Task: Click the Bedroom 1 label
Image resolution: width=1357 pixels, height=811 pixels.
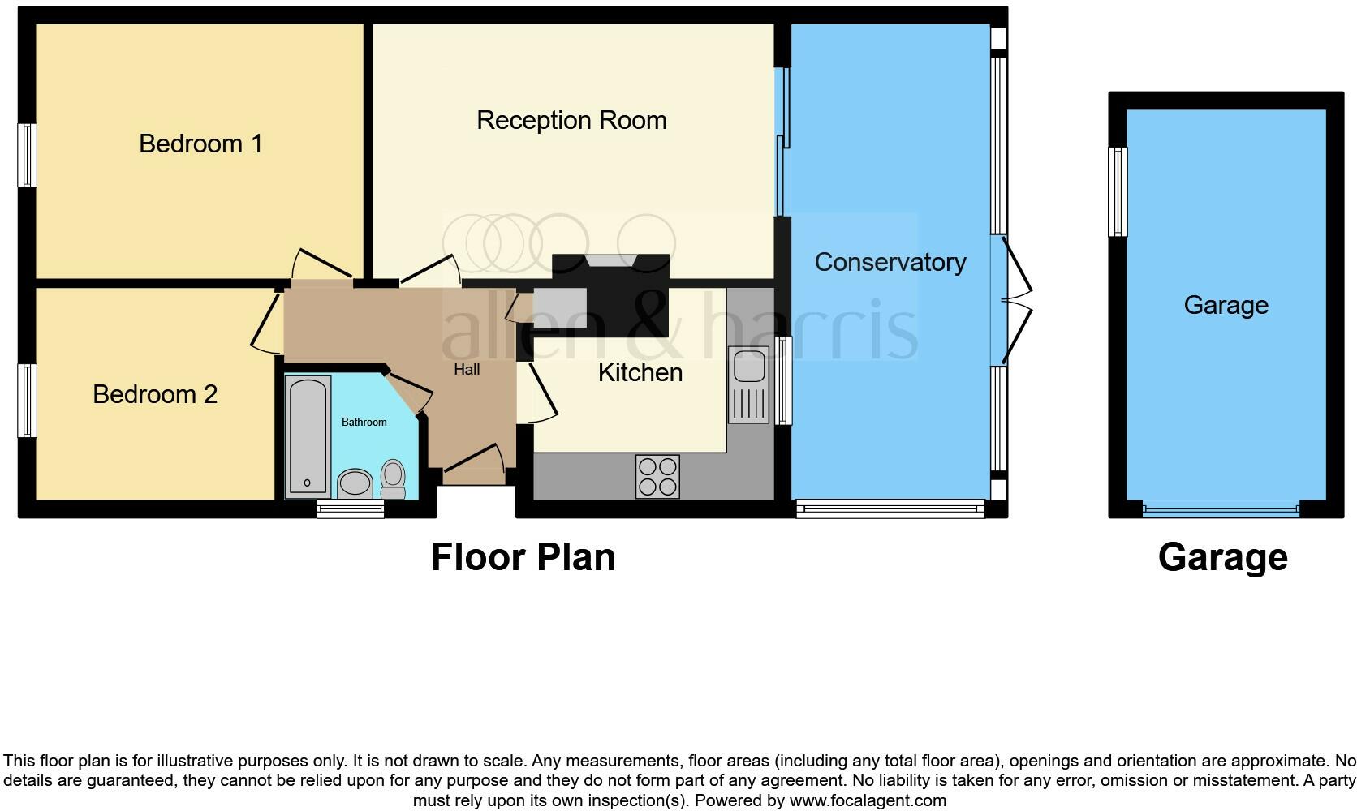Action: [200, 144]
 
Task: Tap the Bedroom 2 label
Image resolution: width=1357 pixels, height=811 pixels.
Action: [155, 394]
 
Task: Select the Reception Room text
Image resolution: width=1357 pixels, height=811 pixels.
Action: [571, 120]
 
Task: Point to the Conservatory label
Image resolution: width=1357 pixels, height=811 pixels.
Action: [890, 262]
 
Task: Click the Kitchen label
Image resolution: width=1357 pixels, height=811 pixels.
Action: [640, 372]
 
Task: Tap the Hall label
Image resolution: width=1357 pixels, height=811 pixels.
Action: [467, 370]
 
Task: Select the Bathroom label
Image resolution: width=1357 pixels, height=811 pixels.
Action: [364, 422]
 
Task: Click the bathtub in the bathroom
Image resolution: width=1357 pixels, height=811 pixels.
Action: [308, 436]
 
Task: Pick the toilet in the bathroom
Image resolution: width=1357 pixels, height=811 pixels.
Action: [393, 478]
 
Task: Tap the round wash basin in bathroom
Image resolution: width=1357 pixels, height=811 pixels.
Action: [354, 483]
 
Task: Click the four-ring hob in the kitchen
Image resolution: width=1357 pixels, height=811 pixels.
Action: [657, 476]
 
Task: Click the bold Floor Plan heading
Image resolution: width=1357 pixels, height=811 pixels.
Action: [523, 557]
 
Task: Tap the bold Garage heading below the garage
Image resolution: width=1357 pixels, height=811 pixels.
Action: [1222, 557]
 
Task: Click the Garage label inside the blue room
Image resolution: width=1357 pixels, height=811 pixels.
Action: [1226, 305]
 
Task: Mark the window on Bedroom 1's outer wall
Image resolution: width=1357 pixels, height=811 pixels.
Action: [28, 154]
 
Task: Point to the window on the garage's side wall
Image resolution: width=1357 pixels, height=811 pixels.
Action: [1118, 191]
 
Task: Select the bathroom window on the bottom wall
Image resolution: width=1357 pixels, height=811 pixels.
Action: [350, 509]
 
